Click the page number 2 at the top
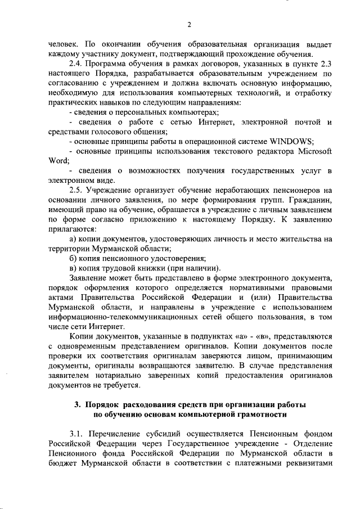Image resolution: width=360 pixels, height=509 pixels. coord(189,24)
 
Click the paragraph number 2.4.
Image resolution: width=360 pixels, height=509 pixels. coord(76,63)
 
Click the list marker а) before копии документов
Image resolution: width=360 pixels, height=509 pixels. coord(73,240)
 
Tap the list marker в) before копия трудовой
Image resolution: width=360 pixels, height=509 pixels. coord(73,268)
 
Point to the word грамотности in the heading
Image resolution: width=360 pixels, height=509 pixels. coord(259,415)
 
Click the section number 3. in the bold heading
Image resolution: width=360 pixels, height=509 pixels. coord(78,405)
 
